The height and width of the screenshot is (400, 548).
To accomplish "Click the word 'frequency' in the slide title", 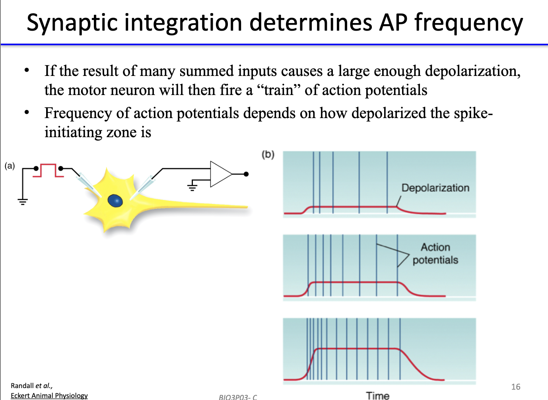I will point(468,23).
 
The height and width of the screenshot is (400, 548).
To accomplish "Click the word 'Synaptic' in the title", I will point(72,23).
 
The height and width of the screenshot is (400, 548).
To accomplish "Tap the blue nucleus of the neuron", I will point(115,201).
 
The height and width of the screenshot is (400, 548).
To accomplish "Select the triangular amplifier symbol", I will point(220,174).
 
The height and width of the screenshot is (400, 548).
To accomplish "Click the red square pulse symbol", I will point(48,170).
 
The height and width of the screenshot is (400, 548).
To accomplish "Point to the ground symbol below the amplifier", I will point(192,186).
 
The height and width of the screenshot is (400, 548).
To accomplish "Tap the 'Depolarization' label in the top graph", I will point(435,188).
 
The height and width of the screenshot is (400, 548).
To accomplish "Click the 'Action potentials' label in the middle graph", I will point(435,254).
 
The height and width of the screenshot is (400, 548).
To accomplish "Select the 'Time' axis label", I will point(377,395).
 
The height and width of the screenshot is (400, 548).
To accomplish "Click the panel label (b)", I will point(268,155).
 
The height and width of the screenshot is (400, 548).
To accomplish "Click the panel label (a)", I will point(10,166).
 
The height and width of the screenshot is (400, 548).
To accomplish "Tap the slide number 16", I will point(515,386).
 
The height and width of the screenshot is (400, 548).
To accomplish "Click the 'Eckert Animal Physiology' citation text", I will point(49,395).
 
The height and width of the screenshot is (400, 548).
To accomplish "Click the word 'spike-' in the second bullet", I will point(473,113).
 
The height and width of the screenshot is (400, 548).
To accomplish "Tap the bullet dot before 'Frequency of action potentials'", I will point(27,112).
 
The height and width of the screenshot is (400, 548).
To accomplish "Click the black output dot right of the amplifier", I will point(246,174).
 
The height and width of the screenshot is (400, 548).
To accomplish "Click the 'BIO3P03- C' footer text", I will point(238,397).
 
